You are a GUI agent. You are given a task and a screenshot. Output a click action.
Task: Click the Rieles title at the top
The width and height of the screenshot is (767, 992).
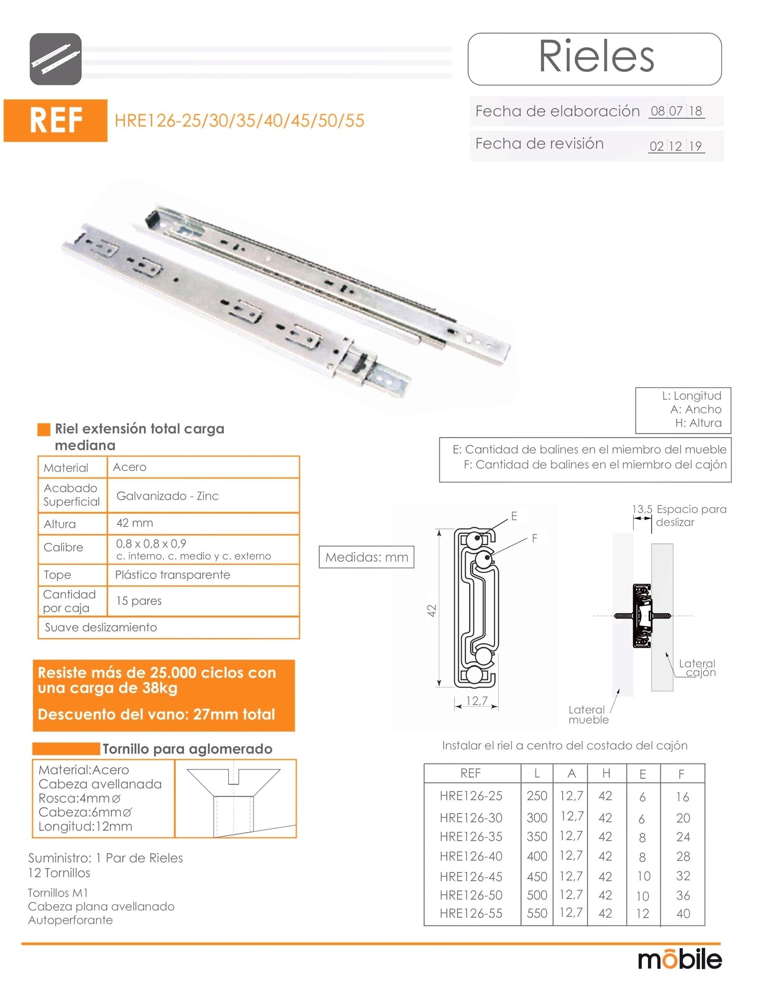[596, 57]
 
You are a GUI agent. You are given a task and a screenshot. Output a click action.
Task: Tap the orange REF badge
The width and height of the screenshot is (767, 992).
[56, 120]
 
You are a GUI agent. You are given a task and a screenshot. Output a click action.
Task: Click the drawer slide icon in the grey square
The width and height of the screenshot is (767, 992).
[56, 59]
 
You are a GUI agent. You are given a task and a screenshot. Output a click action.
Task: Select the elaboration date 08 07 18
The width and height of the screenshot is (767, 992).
[676, 111]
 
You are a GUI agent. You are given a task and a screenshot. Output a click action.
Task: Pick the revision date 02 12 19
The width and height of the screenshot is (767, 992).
[676, 146]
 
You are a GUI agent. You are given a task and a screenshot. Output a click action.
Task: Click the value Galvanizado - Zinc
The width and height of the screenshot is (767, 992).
[167, 496]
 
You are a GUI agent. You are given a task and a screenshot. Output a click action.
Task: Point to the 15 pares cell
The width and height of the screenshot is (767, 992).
[139, 601]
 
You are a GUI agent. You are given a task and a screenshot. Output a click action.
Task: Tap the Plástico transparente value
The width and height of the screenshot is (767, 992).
[173, 575]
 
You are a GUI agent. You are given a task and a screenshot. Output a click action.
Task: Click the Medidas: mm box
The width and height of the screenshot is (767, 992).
[366, 557]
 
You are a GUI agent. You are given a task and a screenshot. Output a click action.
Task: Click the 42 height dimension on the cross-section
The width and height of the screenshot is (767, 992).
[432, 610]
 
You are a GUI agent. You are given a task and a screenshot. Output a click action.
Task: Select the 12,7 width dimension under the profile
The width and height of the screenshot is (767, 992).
[477, 700]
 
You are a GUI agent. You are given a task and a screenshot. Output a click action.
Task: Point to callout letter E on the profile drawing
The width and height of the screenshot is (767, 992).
[514, 516]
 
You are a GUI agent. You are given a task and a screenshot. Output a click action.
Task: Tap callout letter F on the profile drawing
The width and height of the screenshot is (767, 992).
[535, 538]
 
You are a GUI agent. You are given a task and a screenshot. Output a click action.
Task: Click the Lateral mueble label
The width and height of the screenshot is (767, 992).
[588, 715]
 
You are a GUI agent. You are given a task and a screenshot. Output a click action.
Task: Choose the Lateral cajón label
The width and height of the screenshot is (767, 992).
[697, 668]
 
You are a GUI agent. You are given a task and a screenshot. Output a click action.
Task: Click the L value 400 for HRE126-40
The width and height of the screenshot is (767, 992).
[537, 856]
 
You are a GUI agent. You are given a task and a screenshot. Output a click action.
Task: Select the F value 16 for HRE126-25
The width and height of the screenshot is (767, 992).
[683, 797]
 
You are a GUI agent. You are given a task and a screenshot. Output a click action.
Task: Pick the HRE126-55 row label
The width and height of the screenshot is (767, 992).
[471, 913]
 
